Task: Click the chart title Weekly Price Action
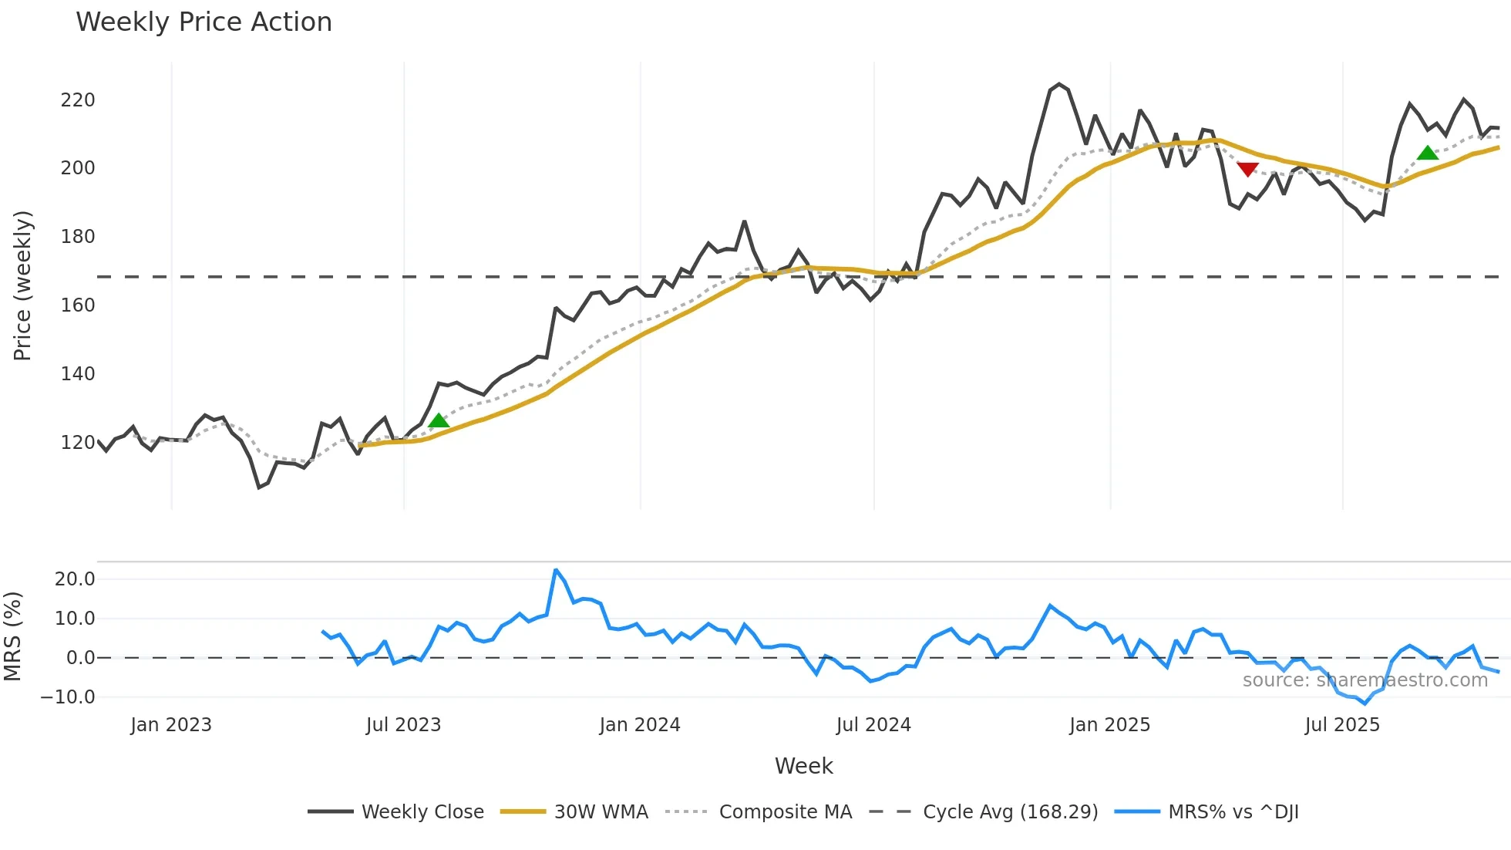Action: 204,22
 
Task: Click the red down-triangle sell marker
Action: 1247,169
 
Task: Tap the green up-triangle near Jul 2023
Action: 439,420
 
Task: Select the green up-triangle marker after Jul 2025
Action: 1428,153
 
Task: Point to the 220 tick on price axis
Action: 78,100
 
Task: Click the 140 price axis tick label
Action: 78,374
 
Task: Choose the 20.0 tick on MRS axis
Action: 75,579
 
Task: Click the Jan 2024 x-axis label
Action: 640,725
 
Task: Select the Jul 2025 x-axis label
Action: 1342,725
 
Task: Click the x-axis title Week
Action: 803,766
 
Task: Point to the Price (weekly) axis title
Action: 22,285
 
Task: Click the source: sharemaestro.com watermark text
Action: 1365,680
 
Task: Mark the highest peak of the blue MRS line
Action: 556,570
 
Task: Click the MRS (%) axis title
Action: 12,636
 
